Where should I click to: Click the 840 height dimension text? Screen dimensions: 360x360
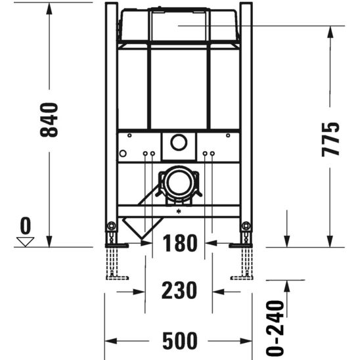point(50,120)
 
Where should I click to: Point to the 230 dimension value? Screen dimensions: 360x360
point(179,290)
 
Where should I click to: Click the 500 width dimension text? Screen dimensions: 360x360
point(179,341)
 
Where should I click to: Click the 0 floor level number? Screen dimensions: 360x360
point(26,227)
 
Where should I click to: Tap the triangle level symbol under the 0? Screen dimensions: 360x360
point(26,241)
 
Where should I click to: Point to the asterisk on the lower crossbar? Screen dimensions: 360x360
point(178,212)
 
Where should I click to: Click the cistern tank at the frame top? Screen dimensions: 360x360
point(178,26)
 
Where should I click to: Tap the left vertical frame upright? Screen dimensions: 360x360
point(111,118)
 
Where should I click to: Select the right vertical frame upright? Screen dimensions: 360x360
point(246,118)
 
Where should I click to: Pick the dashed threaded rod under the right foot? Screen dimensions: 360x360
point(246,263)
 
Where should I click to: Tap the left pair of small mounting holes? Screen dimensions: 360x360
point(148,154)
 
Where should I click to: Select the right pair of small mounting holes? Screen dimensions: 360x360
point(208,154)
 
